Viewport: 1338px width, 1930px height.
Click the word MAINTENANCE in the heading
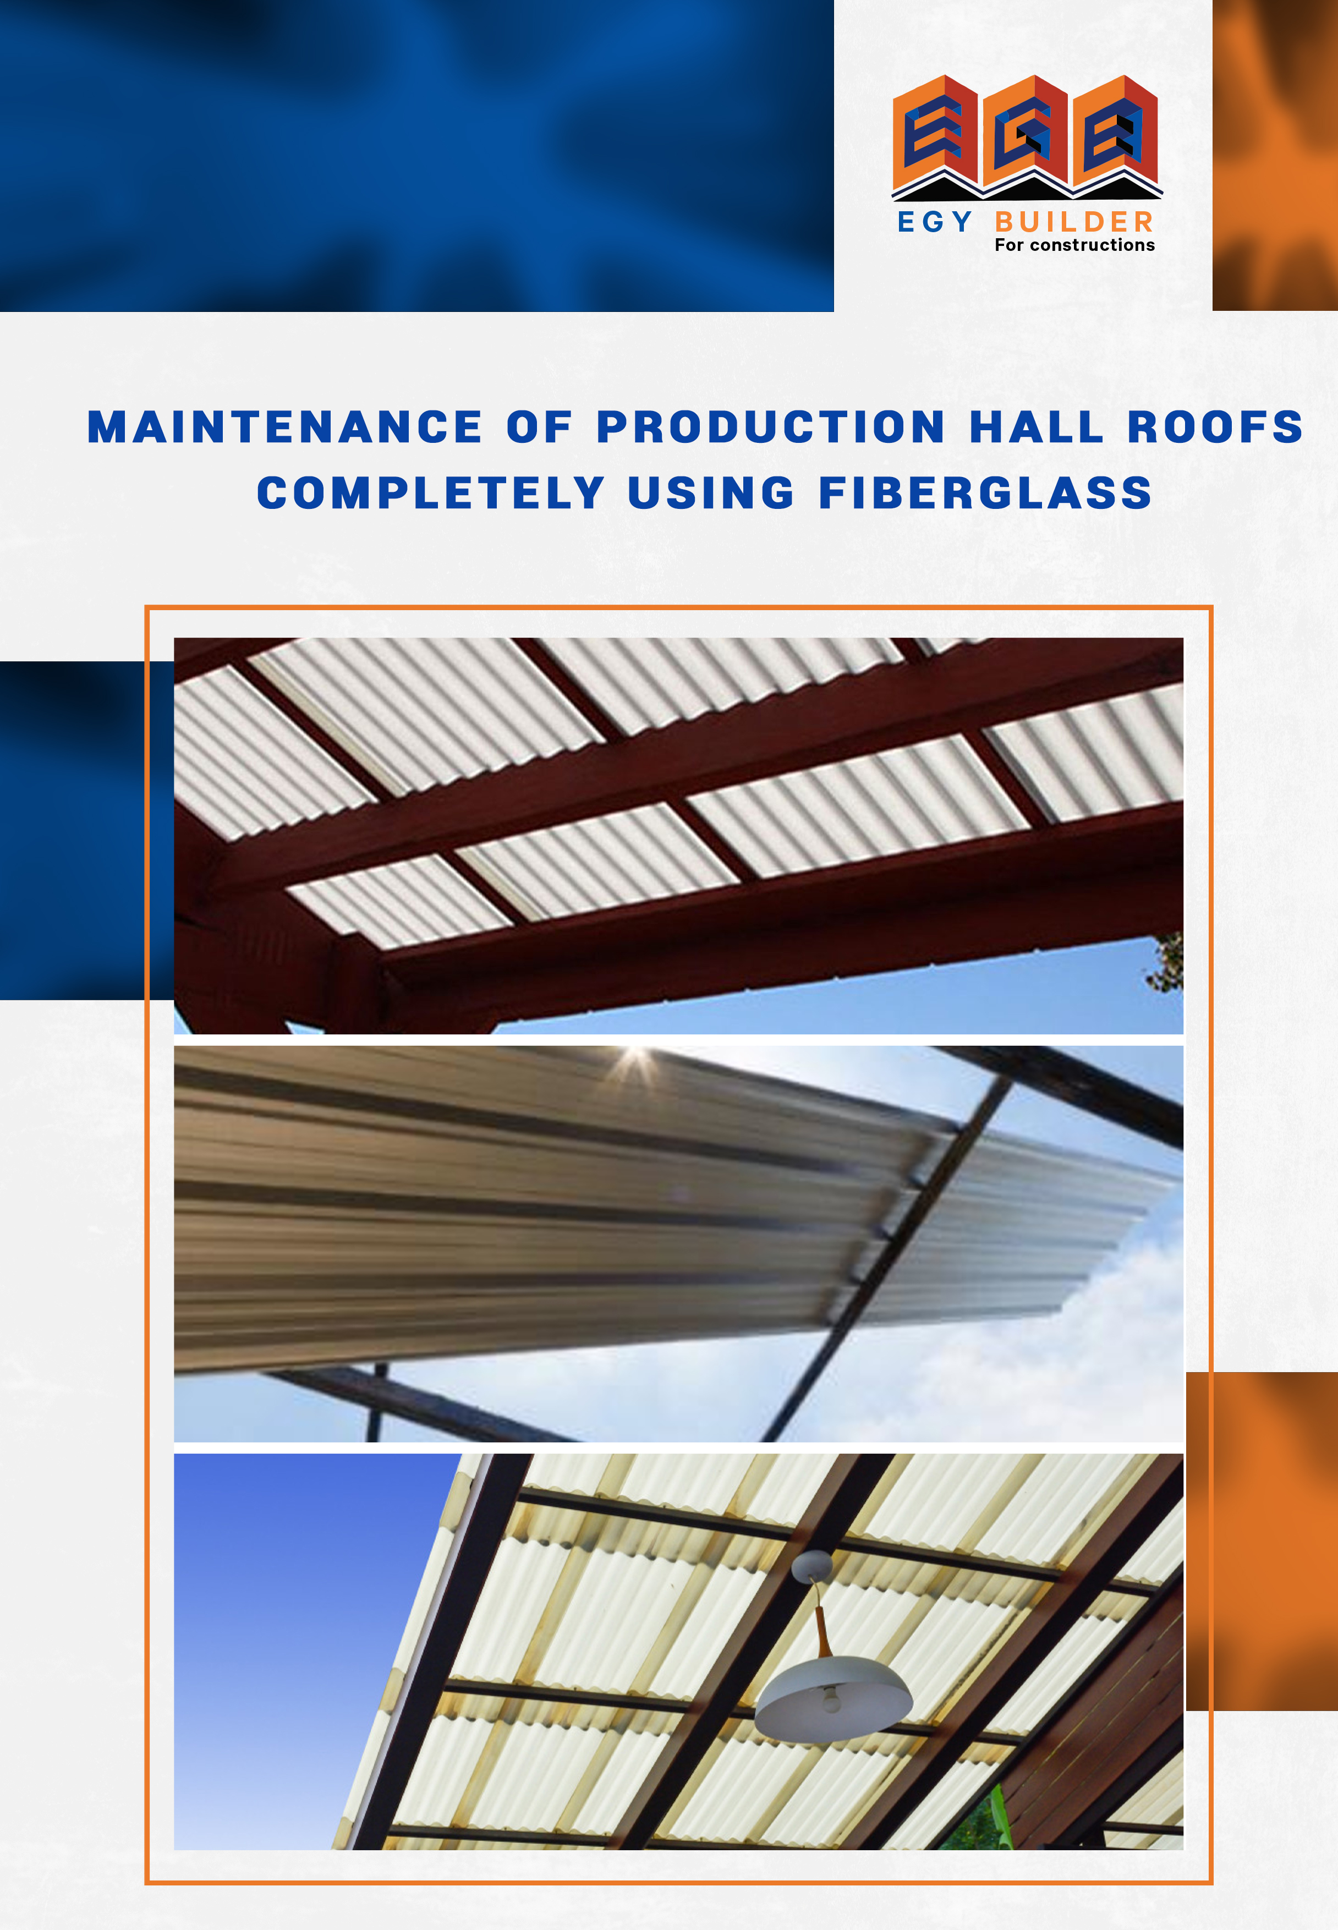click(x=285, y=427)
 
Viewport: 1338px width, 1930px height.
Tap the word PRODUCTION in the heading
click(x=770, y=427)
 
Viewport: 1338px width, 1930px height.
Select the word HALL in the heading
click(x=1036, y=427)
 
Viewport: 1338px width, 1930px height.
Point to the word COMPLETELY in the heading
click(x=431, y=492)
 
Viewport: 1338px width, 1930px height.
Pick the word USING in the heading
click(x=711, y=492)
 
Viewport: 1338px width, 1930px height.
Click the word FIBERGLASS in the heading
click(x=985, y=492)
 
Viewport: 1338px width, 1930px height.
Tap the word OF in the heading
click(x=539, y=427)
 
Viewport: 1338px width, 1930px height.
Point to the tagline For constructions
click(x=1075, y=245)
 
